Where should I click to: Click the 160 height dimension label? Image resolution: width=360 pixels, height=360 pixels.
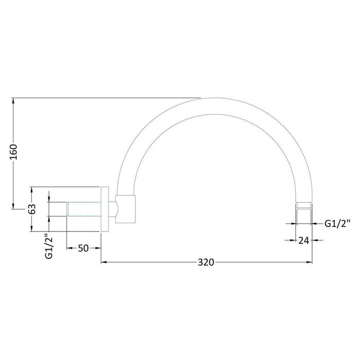14,153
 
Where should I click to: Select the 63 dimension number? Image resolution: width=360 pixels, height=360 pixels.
32,209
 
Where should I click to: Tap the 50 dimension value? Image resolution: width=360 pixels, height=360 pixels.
84,248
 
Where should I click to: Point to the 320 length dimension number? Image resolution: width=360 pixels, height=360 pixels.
206,262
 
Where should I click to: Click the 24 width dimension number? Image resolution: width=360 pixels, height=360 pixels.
303,240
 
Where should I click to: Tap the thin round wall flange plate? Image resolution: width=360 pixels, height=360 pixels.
104,209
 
